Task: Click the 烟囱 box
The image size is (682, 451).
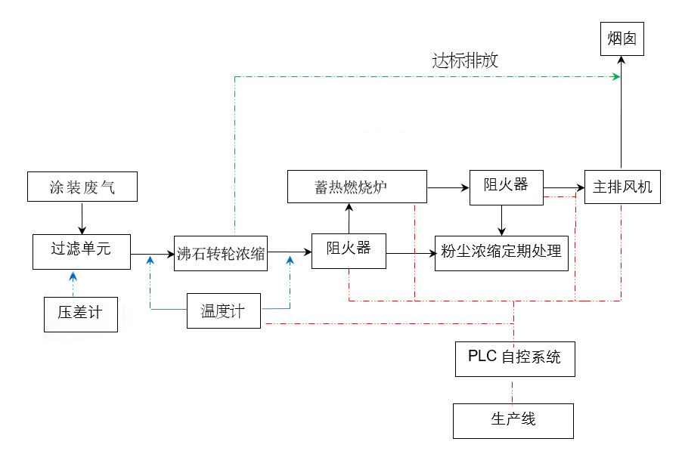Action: [622, 39]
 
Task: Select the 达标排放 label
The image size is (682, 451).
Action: [465, 61]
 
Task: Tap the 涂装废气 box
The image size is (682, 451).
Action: [82, 187]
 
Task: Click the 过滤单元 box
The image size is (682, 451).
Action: [82, 251]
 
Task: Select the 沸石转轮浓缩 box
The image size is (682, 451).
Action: [221, 253]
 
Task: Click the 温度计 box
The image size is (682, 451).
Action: [223, 310]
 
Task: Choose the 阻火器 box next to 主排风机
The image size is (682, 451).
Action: [506, 185]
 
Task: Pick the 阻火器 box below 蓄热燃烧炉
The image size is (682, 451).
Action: [349, 250]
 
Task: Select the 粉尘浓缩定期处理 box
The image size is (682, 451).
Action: [501, 253]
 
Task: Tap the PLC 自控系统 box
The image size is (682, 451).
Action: [514, 358]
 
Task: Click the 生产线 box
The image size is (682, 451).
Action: [513, 420]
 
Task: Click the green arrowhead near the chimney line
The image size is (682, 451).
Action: [615, 76]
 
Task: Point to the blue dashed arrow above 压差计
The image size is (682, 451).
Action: [73, 283]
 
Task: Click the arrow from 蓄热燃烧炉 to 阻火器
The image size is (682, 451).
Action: [448, 186]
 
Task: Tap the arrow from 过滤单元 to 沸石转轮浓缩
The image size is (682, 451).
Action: [153, 254]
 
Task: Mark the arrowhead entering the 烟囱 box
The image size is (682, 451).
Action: [622, 60]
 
